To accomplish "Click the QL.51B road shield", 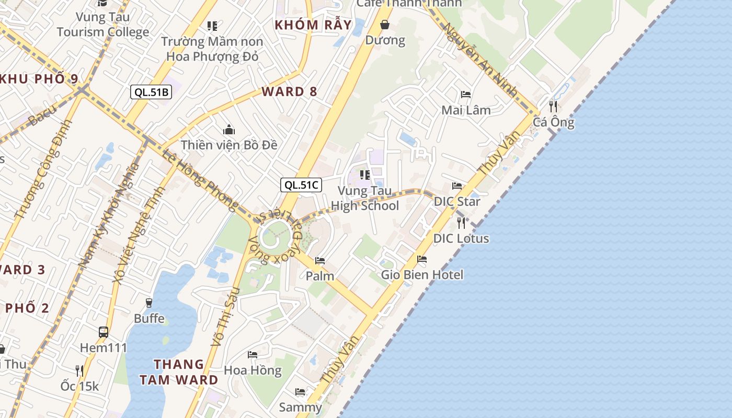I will pos(151,92).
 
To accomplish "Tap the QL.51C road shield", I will pos(301,185).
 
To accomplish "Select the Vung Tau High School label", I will pos(365,199).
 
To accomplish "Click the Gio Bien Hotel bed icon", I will pos(422,259).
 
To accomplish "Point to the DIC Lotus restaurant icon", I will pos(461,223).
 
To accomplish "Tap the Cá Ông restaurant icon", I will pos(553,107).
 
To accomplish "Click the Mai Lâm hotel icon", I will pos(466,95).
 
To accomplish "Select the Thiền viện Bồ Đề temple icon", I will pos(228,130).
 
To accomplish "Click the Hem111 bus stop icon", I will pos(104,332).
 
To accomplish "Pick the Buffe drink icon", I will pos(149,303).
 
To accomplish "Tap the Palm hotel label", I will pos(320,276).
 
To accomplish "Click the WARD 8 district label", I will pos(290,92).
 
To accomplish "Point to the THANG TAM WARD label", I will pos(179,372).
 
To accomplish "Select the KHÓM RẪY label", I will pos(313,25).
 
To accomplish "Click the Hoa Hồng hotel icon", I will pos(253,355).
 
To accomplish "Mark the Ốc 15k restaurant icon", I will pos(79,370).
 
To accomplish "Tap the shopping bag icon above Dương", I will pos(385,25).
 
